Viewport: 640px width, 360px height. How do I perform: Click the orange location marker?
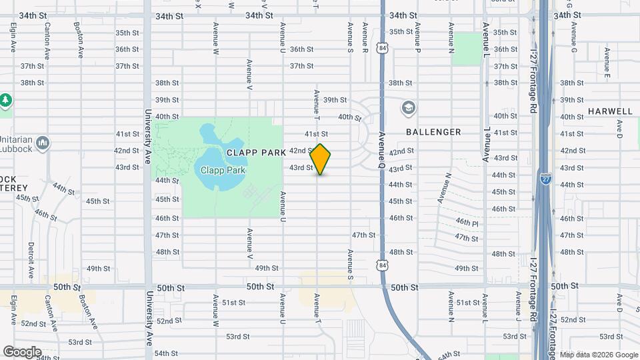click(321, 159)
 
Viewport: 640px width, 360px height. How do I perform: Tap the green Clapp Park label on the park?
click(223, 170)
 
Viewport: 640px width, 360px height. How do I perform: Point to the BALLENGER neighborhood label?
click(433, 132)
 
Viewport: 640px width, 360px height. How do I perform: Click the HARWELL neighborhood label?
click(610, 111)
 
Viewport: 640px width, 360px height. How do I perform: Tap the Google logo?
click(22, 352)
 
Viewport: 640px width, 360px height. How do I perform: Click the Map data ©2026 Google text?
click(598, 355)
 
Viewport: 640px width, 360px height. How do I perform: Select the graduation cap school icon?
click(408, 108)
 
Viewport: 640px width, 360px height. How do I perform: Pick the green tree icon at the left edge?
click(5, 101)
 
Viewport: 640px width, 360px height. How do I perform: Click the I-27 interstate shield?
click(545, 179)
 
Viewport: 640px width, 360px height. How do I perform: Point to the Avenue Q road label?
click(383, 148)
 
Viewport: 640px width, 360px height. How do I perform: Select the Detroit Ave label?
click(31, 260)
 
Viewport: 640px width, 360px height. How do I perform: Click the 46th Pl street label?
click(467, 221)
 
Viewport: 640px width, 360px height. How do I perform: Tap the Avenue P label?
click(417, 38)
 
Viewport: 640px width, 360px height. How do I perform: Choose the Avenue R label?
click(365, 38)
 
